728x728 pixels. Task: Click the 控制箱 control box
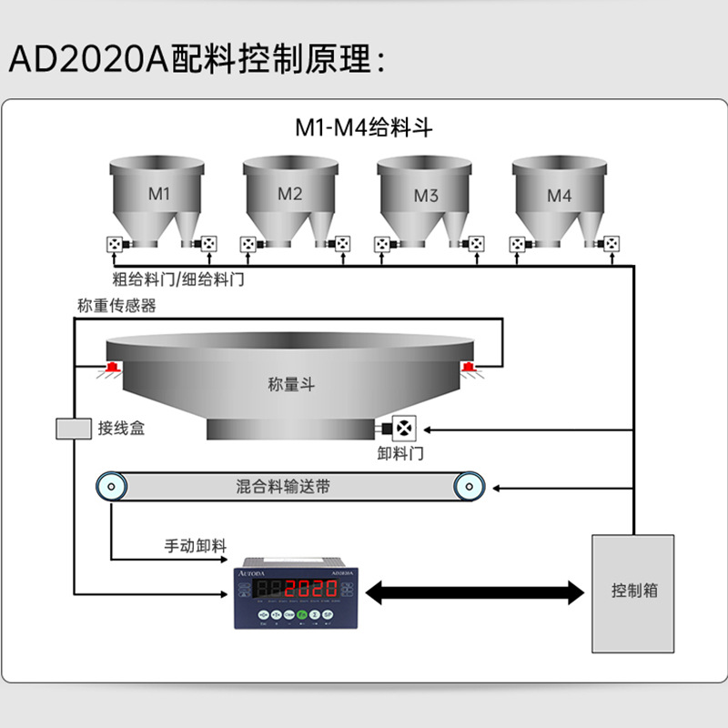[633, 591]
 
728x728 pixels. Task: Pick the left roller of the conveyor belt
[111, 487]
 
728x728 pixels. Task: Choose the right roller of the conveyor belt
[470, 487]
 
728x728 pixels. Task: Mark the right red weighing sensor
[468, 368]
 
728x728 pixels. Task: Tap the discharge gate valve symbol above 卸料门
[401, 427]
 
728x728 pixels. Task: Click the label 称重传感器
[116, 306]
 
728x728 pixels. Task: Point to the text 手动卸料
[194, 546]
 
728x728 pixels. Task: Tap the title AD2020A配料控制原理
[198, 60]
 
